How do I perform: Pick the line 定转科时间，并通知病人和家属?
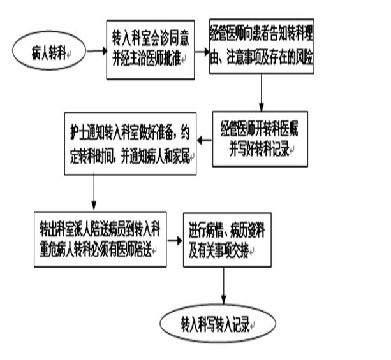(131, 155)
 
